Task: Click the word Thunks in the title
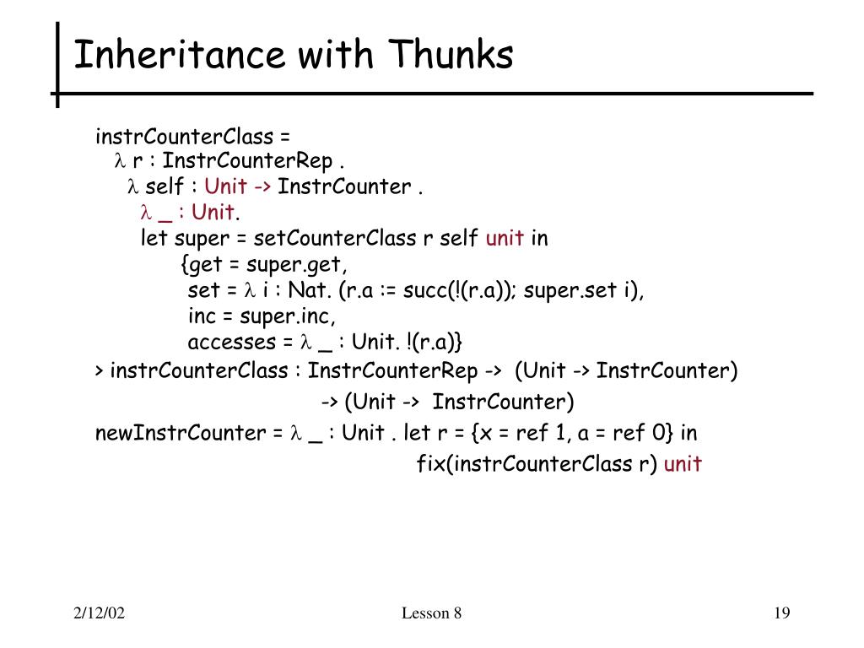pyautogui.click(x=451, y=56)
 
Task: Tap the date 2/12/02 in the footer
pyautogui.click(x=98, y=613)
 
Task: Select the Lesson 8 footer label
pyautogui.click(x=431, y=613)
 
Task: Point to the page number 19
pyautogui.click(x=781, y=613)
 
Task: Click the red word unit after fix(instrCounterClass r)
pyautogui.click(x=683, y=463)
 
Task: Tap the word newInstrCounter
pyautogui.click(x=180, y=434)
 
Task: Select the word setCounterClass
pyautogui.click(x=335, y=239)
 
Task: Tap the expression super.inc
pyautogui.click(x=287, y=316)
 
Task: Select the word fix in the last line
pyautogui.click(x=430, y=463)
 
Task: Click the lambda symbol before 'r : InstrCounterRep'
pyautogui.click(x=120, y=160)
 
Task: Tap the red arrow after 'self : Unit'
pyautogui.click(x=262, y=186)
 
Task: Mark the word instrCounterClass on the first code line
pyautogui.click(x=184, y=137)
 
